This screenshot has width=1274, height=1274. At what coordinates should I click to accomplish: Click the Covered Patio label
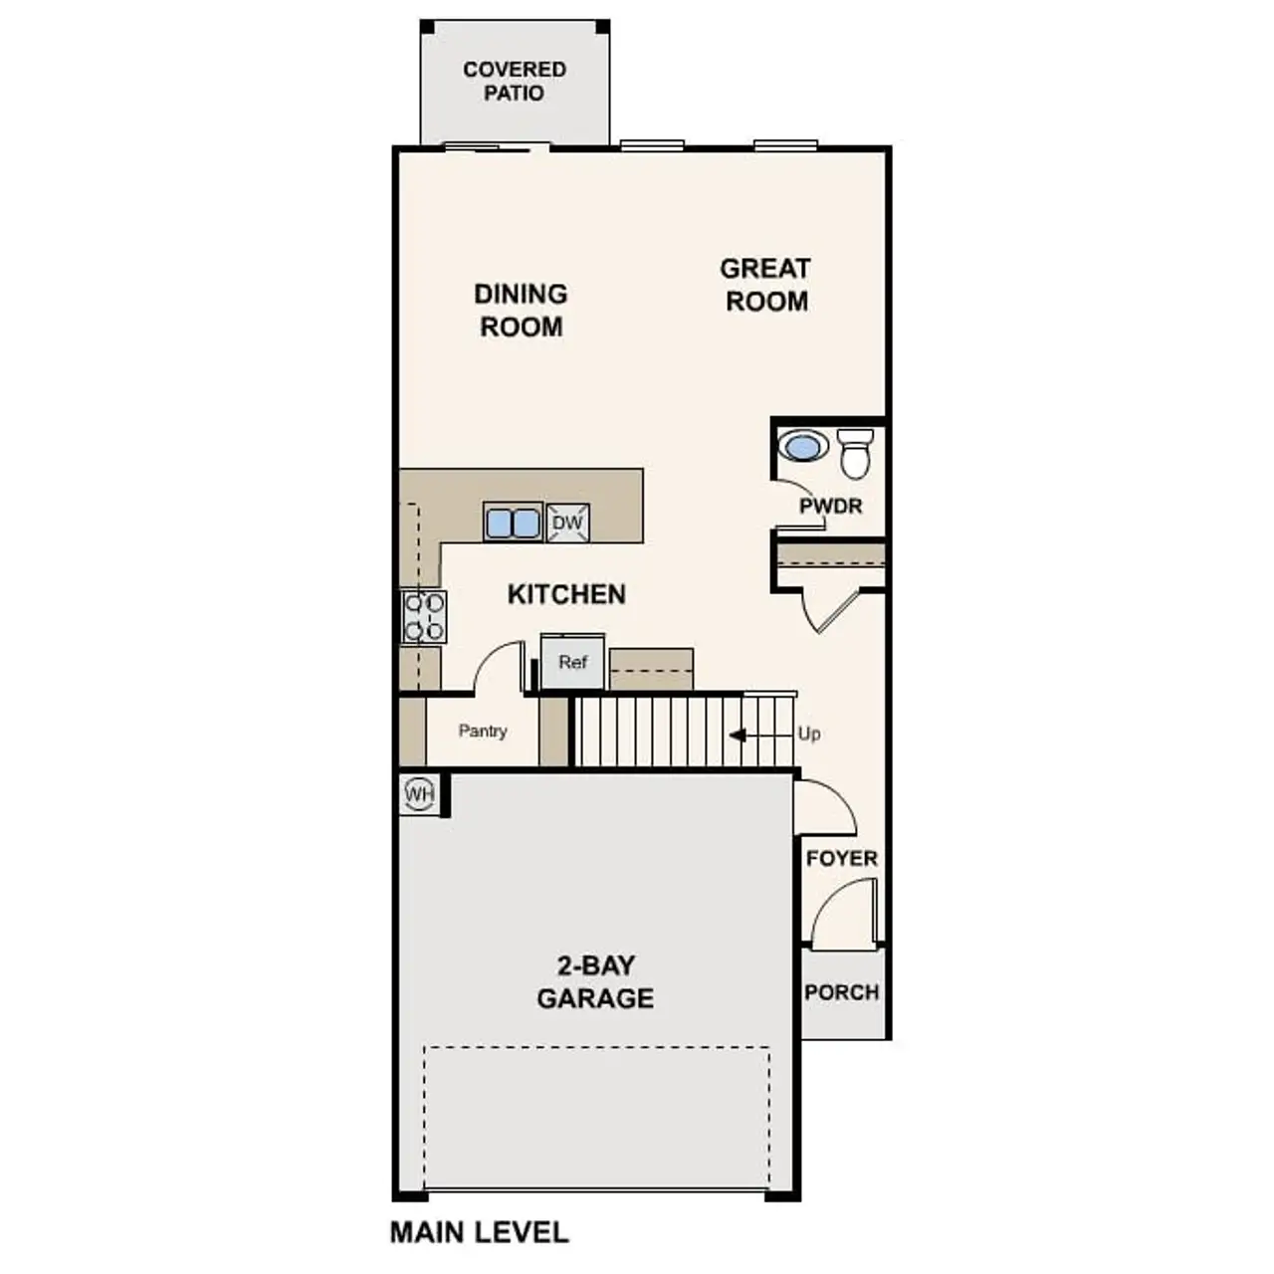515,82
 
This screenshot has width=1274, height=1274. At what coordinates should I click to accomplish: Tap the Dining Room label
521,310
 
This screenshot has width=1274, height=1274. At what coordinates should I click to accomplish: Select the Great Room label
765,285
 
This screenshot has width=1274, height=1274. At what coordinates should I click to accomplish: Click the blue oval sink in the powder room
802,445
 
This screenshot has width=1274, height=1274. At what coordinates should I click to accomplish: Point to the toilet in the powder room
855,453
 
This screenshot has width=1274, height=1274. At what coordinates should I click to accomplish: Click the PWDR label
831,506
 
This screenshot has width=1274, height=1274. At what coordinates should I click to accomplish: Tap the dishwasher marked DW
567,523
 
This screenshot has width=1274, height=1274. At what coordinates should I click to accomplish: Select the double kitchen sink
513,523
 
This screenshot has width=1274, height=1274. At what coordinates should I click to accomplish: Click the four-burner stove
424,616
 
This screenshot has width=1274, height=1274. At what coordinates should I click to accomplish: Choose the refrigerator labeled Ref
572,662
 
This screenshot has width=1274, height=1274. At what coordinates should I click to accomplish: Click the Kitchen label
566,594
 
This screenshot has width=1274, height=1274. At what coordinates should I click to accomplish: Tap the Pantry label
483,731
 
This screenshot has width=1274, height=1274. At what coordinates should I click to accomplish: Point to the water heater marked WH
419,794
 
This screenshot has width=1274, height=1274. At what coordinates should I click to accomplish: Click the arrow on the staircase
740,736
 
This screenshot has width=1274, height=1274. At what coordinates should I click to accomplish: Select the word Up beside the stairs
809,734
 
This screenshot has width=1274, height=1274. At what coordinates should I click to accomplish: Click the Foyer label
842,858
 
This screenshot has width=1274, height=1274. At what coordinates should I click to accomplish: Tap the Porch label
842,992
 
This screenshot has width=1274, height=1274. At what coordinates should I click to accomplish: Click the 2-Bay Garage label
595,981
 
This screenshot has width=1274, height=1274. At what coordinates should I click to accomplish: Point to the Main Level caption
479,1232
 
